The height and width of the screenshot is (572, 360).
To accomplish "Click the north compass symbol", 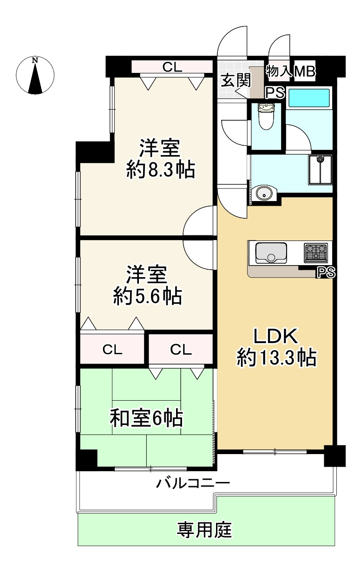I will coord(35,75).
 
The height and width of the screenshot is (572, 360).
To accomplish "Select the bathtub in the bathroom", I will coord(309,98).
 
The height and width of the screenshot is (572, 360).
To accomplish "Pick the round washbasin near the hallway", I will coord(264,193).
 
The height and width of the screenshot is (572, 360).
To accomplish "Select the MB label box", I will coord(305,71).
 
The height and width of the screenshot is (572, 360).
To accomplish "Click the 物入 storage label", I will coord(278,71).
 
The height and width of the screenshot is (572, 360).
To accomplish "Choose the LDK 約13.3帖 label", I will coord(277,347).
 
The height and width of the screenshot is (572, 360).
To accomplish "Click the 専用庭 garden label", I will coord(204,529).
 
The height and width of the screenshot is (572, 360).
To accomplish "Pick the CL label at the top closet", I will coord(172,67).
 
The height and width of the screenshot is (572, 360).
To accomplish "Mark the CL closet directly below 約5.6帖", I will coord(112,350).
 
